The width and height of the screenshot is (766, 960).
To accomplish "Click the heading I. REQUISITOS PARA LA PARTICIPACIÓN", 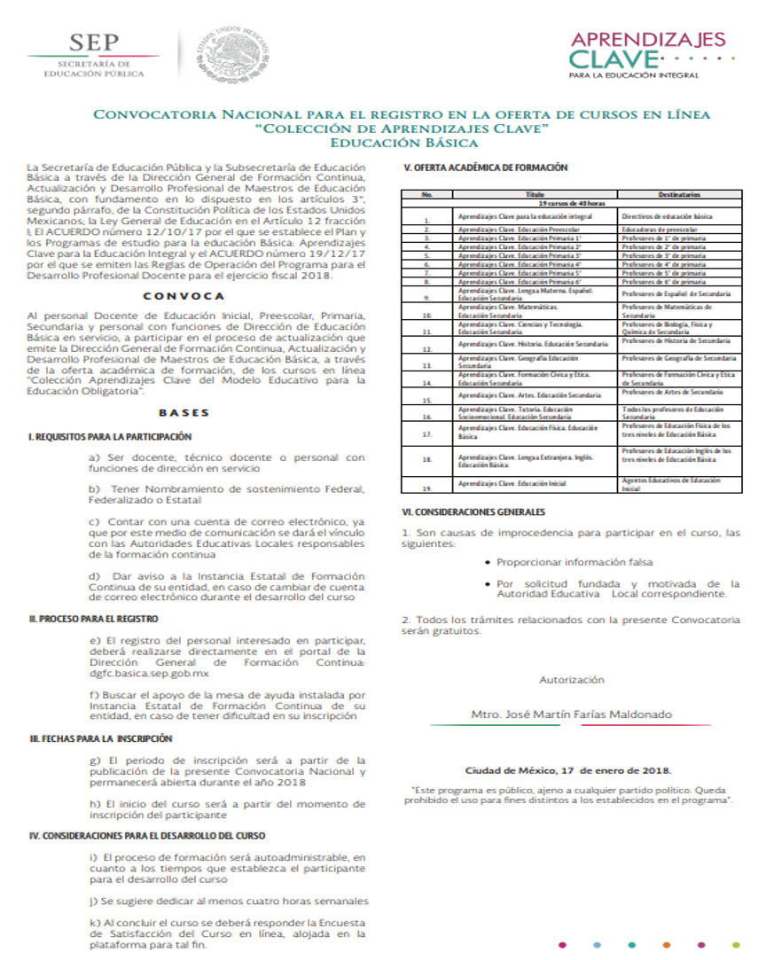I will pyautogui.click(x=110, y=437).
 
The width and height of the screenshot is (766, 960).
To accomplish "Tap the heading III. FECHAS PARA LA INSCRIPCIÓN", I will pyautogui.click(x=100, y=738).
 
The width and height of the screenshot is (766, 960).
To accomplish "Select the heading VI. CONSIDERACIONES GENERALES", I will pyautogui.click(x=473, y=512).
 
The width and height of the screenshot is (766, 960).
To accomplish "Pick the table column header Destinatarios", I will pyautogui.click(x=679, y=193).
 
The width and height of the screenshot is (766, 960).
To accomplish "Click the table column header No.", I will pyautogui.click(x=426, y=193).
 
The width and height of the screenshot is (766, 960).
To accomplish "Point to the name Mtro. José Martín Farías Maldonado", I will pyautogui.click(x=571, y=714).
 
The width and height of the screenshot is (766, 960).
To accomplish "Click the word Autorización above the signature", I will pyautogui.click(x=571, y=680).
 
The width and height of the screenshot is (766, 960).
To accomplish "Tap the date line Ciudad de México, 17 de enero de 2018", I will pyautogui.click(x=568, y=770).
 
